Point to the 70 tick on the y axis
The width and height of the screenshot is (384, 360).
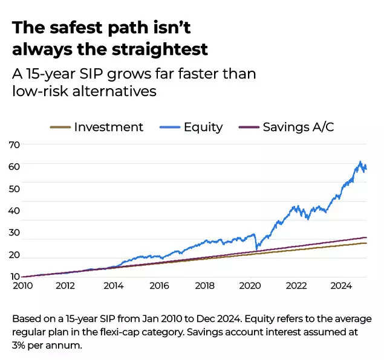click(x=15, y=145)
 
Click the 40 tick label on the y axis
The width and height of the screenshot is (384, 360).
click(x=15, y=211)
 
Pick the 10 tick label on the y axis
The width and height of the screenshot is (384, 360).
click(x=15, y=277)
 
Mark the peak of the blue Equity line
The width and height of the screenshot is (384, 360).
click(x=360, y=162)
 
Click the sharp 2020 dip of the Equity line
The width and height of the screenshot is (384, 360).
click(x=257, y=249)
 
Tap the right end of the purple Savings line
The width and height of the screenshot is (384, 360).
click(x=366, y=237)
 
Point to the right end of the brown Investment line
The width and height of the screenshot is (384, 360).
click(x=366, y=243)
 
